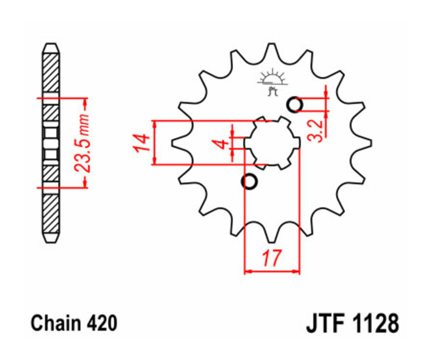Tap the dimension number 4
coord(221,143)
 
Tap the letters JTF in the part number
coord(326,324)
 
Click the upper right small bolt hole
coord(295,104)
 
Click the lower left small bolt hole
coord(250,182)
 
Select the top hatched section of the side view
coord(51,72)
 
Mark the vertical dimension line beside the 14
coord(155,143)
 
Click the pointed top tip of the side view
coord(51,45)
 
